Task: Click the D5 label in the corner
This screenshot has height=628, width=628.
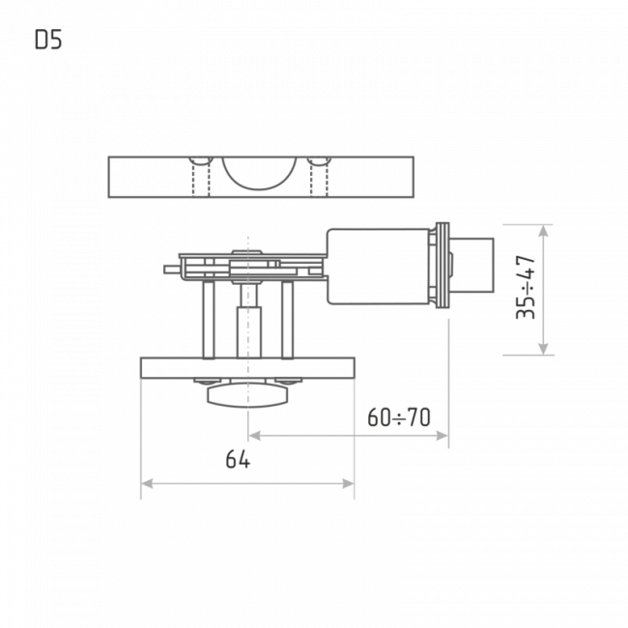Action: (x=48, y=40)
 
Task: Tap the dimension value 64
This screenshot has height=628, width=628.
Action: (x=238, y=460)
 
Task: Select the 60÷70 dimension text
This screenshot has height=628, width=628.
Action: (x=399, y=417)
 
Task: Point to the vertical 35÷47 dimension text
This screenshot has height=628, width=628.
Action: (x=527, y=287)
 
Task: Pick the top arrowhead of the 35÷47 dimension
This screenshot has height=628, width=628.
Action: (x=543, y=230)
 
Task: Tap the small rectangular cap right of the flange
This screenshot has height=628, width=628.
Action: (x=473, y=265)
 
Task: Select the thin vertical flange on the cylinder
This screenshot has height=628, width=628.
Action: (x=442, y=267)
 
